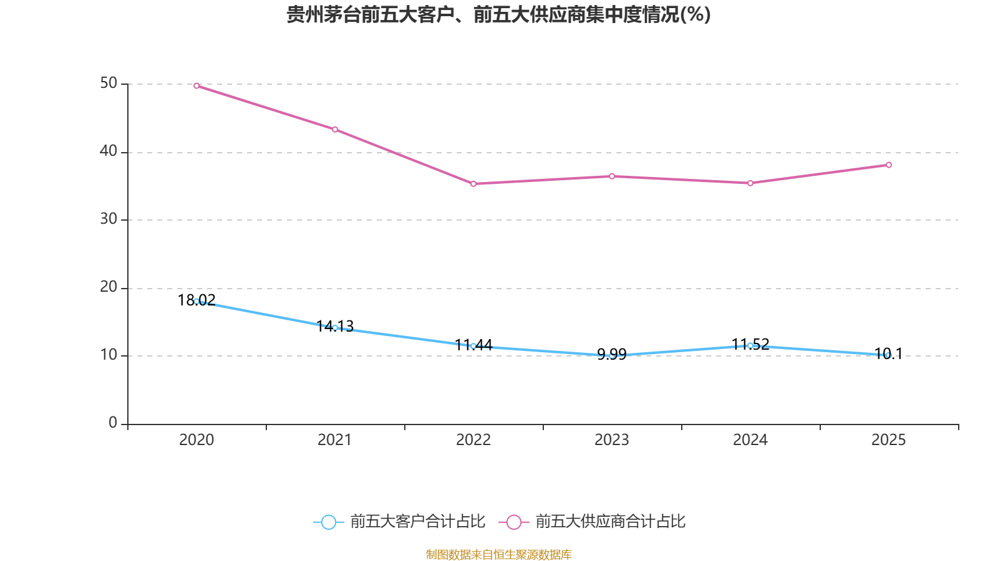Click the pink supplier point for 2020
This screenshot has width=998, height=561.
pos(196,85)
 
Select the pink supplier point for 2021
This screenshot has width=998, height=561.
pos(335,130)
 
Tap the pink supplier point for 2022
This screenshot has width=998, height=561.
pos(473,184)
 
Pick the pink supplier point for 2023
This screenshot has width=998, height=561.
pos(612,176)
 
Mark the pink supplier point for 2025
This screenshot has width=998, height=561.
pos(889,165)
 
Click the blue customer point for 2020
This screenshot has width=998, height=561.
pos(196,301)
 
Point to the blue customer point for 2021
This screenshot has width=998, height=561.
pos(335,328)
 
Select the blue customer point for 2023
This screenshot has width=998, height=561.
pos(612,355)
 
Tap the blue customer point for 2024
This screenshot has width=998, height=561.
pos(750,345)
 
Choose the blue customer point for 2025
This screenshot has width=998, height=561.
pos(889,355)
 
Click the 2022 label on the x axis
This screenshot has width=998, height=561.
pos(473,440)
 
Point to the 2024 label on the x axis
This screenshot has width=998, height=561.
pos(750,440)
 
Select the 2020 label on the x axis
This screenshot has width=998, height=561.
pos(196,440)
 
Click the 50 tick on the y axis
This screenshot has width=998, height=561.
pos(109,84)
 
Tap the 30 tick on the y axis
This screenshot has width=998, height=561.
pos(109,219)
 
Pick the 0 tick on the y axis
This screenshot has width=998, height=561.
pos(113,423)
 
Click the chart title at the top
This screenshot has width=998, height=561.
pos(498,14)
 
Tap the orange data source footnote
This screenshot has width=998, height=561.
pos(498,554)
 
